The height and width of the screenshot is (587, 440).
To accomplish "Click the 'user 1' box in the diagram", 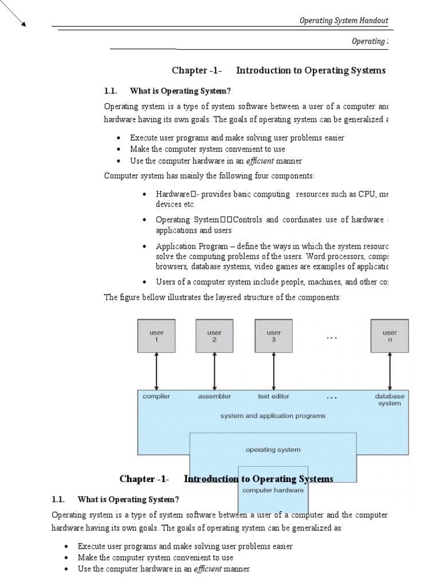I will click(x=156, y=336).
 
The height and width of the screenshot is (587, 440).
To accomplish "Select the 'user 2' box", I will click(x=214, y=336).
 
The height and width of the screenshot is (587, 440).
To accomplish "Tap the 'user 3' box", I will click(x=273, y=336).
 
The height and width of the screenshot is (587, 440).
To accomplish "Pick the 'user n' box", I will click(x=390, y=336).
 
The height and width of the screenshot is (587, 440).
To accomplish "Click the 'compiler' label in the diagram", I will click(x=156, y=396).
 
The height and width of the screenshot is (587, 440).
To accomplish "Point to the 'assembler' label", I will click(x=214, y=396).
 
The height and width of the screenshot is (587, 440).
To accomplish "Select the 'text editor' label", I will click(x=273, y=396).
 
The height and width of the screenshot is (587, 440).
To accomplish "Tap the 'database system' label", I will click(x=390, y=400).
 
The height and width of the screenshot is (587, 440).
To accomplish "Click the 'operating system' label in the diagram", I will click(x=273, y=449).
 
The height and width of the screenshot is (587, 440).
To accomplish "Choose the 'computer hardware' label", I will click(x=273, y=490).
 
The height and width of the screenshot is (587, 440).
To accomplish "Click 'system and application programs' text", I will click(x=273, y=416).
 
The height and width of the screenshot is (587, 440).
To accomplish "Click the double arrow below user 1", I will click(x=156, y=371).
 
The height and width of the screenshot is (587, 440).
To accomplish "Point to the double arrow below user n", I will click(x=390, y=371).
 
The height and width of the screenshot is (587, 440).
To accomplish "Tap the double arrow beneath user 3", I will click(x=273, y=371).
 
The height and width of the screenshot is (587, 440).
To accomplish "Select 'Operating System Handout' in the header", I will click(x=344, y=21).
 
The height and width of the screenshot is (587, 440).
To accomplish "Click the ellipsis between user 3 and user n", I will click(x=332, y=338).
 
